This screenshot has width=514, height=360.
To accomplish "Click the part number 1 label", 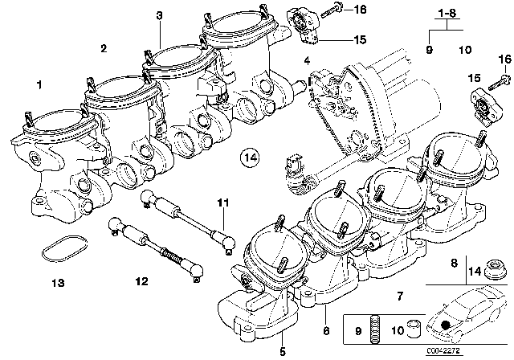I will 38,84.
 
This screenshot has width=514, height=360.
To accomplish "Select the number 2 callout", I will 103,49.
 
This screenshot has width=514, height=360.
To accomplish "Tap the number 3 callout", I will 160,15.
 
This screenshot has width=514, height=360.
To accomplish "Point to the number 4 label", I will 306,61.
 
